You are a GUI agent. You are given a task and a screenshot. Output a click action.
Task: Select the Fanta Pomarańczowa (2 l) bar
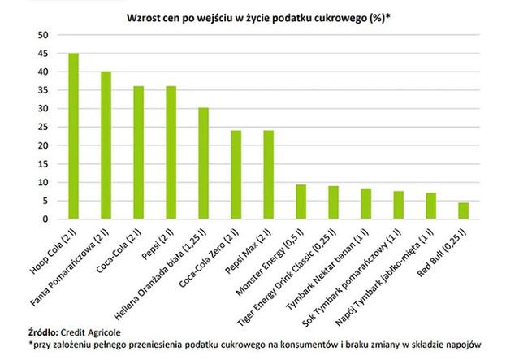(x=106, y=145)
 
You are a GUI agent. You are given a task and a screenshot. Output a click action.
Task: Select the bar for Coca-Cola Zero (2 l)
(x=236, y=175)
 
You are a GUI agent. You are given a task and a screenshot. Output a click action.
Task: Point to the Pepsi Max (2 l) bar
(x=268, y=175)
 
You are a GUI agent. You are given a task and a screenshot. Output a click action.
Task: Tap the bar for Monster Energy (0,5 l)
(x=301, y=202)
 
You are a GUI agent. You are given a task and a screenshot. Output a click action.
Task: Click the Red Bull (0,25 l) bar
(x=463, y=211)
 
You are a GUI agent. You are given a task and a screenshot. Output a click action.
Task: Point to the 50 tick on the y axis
(x=44, y=35)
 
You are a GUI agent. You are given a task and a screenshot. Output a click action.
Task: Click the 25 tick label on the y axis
(x=44, y=127)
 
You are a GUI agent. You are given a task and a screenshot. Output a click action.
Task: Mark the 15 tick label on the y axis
(x=44, y=164)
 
